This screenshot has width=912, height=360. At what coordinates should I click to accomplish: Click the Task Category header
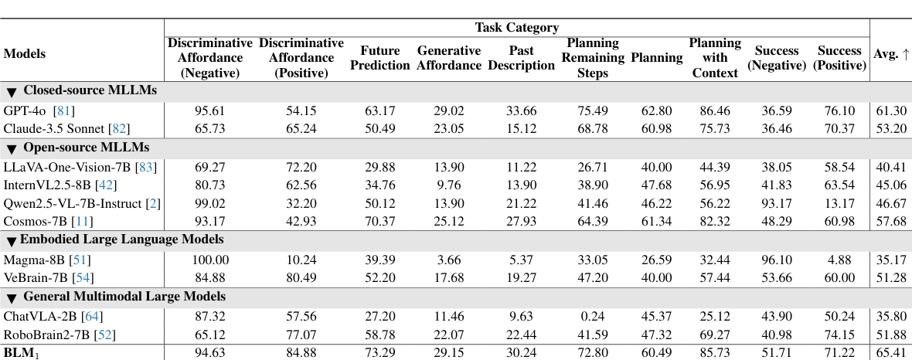516,28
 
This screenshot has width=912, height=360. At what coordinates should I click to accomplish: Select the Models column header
25,54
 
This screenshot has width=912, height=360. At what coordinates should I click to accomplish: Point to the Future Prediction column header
379,58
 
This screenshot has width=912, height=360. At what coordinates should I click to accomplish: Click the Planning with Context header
715,58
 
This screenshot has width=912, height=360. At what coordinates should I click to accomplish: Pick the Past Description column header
522,58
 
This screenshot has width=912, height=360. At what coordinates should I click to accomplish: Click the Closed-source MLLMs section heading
90,90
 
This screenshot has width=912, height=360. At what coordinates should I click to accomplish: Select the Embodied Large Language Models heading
121,239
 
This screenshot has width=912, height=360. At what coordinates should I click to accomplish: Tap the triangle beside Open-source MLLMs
12,148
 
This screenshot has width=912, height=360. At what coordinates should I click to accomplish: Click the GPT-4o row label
25,110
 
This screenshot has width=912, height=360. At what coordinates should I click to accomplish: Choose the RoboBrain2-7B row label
47,334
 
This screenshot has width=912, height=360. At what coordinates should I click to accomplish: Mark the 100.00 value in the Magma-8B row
210,260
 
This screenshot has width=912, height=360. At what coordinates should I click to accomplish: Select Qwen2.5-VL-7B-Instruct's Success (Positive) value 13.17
839,204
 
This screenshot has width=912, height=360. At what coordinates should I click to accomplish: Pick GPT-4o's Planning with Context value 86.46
715,110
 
